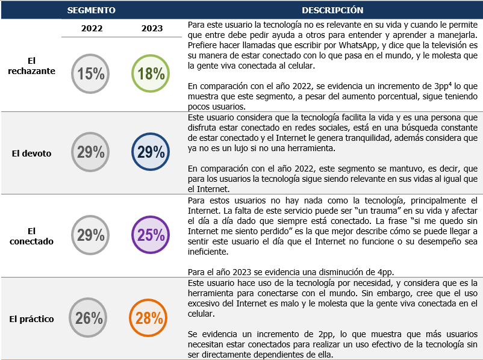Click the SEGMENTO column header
(x=92, y=10)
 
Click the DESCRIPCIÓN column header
(x=332, y=10)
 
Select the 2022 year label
(x=92, y=28)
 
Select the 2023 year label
(x=152, y=28)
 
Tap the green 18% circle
(x=149, y=73)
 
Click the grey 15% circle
(x=91, y=73)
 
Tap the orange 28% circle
(x=148, y=318)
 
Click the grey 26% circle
(x=89, y=318)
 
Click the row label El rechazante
(x=40, y=66)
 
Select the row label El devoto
(x=32, y=154)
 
